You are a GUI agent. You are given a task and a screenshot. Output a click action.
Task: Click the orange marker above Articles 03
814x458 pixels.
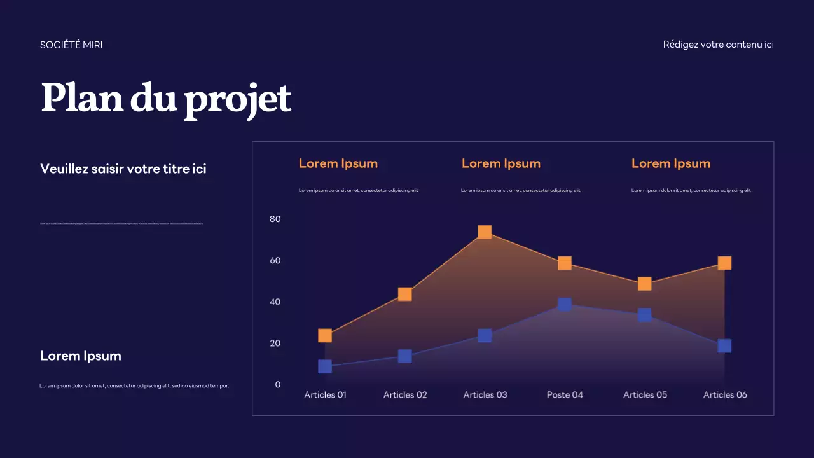(485, 232)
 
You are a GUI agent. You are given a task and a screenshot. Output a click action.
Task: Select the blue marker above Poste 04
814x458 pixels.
(565, 304)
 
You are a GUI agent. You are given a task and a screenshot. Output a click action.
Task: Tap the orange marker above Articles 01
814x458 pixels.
(325, 335)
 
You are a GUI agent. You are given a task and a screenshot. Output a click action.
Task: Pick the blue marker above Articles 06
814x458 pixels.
(724, 345)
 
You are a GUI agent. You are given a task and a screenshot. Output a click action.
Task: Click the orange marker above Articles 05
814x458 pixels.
(645, 284)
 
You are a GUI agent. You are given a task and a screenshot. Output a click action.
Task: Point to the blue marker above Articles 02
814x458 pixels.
(404, 356)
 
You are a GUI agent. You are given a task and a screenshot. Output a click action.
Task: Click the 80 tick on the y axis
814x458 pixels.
(275, 219)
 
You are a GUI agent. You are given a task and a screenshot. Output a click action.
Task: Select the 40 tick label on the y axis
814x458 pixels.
(275, 302)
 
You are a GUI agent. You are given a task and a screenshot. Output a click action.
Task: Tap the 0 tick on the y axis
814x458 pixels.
(278, 384)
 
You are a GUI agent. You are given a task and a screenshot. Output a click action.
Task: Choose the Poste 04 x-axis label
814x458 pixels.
(565, 395)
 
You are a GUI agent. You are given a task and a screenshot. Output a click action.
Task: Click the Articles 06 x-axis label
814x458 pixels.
(725, 395)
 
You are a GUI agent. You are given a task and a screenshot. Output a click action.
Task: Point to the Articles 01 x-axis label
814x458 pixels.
(325, 395)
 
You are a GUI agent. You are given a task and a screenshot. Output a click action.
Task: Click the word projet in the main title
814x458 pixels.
(237, 99)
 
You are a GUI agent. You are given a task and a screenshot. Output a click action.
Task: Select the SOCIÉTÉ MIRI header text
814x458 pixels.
(71, 45)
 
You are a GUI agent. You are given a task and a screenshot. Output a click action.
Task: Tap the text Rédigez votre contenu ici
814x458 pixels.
(718, 45)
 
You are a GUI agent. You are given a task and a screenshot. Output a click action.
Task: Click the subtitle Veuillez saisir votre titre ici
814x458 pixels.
(123, 169)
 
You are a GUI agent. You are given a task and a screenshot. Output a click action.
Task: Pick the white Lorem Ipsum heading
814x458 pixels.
(81, 356)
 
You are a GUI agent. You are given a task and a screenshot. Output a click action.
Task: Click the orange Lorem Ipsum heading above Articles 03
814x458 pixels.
(501, 163)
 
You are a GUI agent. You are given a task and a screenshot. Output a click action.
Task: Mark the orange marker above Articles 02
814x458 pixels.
(404, 294)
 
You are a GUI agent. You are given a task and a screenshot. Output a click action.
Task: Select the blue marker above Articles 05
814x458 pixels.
(645, 315)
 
